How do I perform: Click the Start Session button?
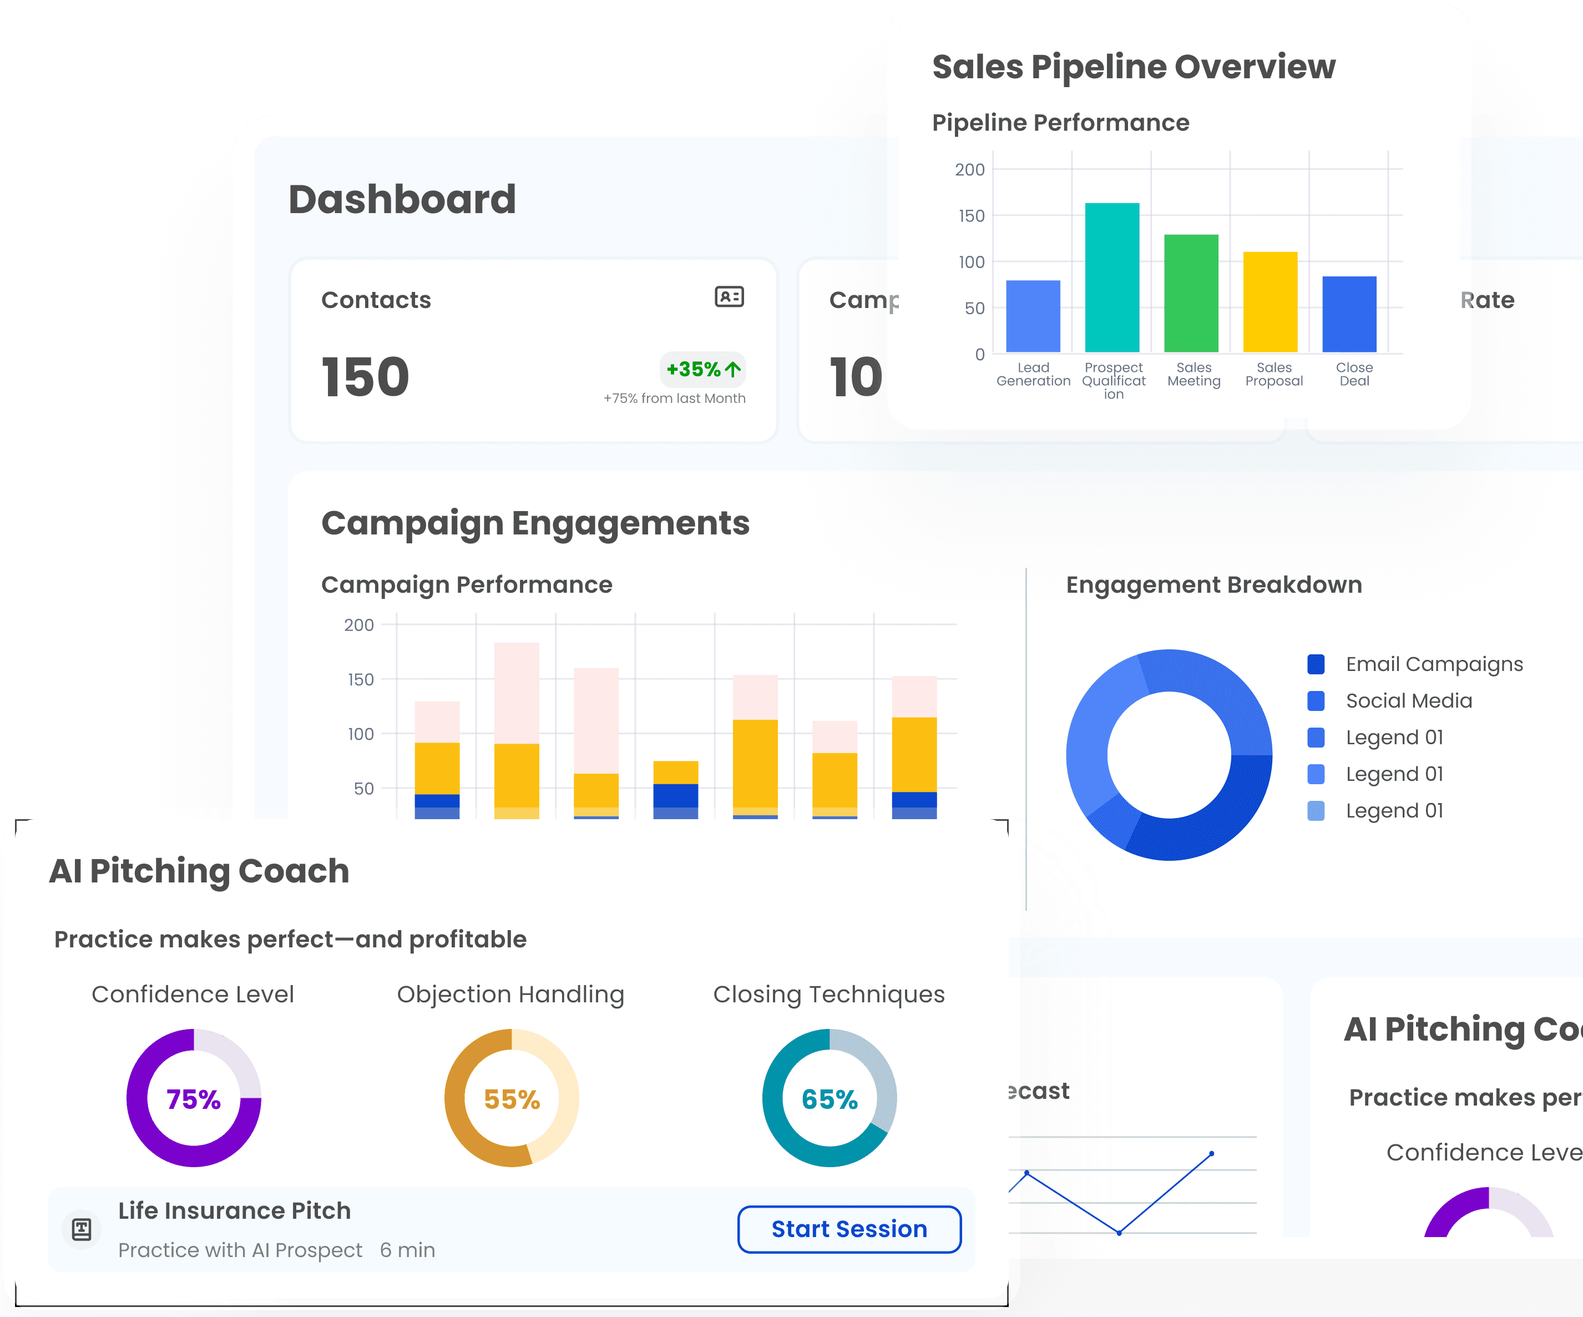[x=849, y=1229]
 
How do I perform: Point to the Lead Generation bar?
[x=1033, y=316]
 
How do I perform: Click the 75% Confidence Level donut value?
[x=194, y=1099]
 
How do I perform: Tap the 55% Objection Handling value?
[x=512, y=1099]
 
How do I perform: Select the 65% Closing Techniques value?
[x=829, y=1099]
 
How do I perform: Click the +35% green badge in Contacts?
[x=702, y=370]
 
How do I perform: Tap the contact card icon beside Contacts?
[x=729, y=297]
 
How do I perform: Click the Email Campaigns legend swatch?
[x=1316, y=664]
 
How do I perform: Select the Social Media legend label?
[x=1408, y=700]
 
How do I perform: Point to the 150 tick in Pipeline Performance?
[x=971, y=216]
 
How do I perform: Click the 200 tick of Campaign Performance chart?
[x=359, y=625]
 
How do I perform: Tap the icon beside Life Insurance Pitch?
[x=82, y=1229]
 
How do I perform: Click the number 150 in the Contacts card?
[x=366, y=377]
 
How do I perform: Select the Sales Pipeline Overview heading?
[x=1133, y=67]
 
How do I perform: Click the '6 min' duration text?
[x=407, y=1250]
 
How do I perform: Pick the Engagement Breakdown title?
[x=1213, y=585]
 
